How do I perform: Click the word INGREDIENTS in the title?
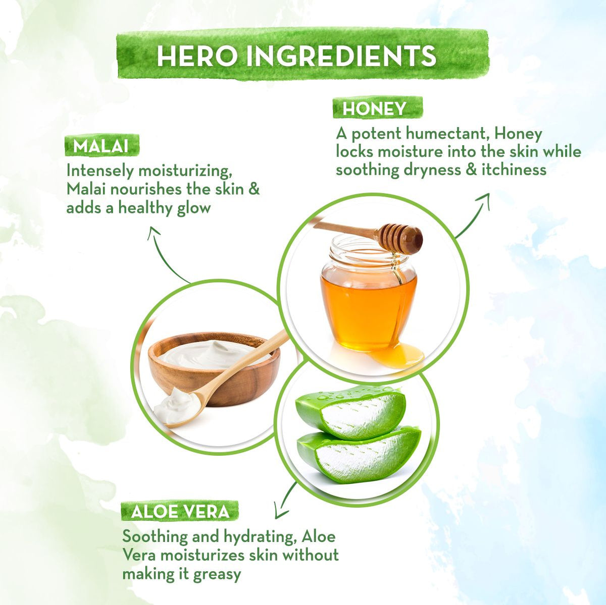pyautogui.click(x=341, y=56)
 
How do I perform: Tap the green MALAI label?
pyautogui.click(x=102, y=146)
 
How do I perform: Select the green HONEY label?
pyautogui.click(x=377, y=108)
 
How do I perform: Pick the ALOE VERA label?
pyautogui.click(x=180, y=512)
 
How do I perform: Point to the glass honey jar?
pyautogui.click(x=369, y=294)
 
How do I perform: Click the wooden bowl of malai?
pyautogui.click(x=214, y=368)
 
